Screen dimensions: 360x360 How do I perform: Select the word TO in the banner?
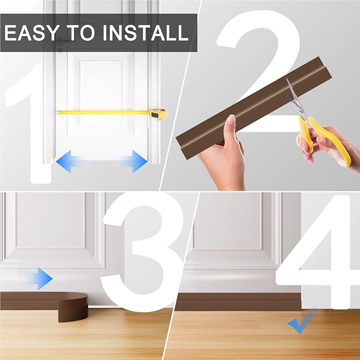click(x=80, y=33)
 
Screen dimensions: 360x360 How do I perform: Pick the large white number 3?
click(x=143, y=249)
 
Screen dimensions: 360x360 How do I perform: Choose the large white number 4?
click(x=318, y=254)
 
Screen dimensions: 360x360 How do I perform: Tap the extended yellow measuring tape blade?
click(x=101, y=112)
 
